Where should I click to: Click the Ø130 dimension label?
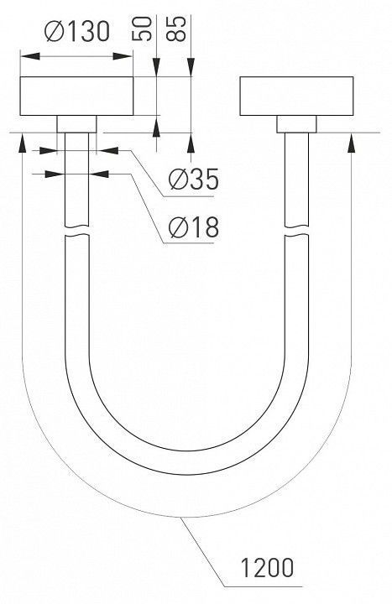(77, 31)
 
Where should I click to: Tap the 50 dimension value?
(142, 29)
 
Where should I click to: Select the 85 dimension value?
(175, 29)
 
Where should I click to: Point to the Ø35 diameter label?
(194, 179)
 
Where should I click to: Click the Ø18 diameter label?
(194, 226)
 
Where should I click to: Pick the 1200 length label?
(267, 567)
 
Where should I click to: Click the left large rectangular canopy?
(76, 96)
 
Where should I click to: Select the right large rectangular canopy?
(296, 96)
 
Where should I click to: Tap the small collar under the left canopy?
(76, 124)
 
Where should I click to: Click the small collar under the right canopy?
(296, 124)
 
